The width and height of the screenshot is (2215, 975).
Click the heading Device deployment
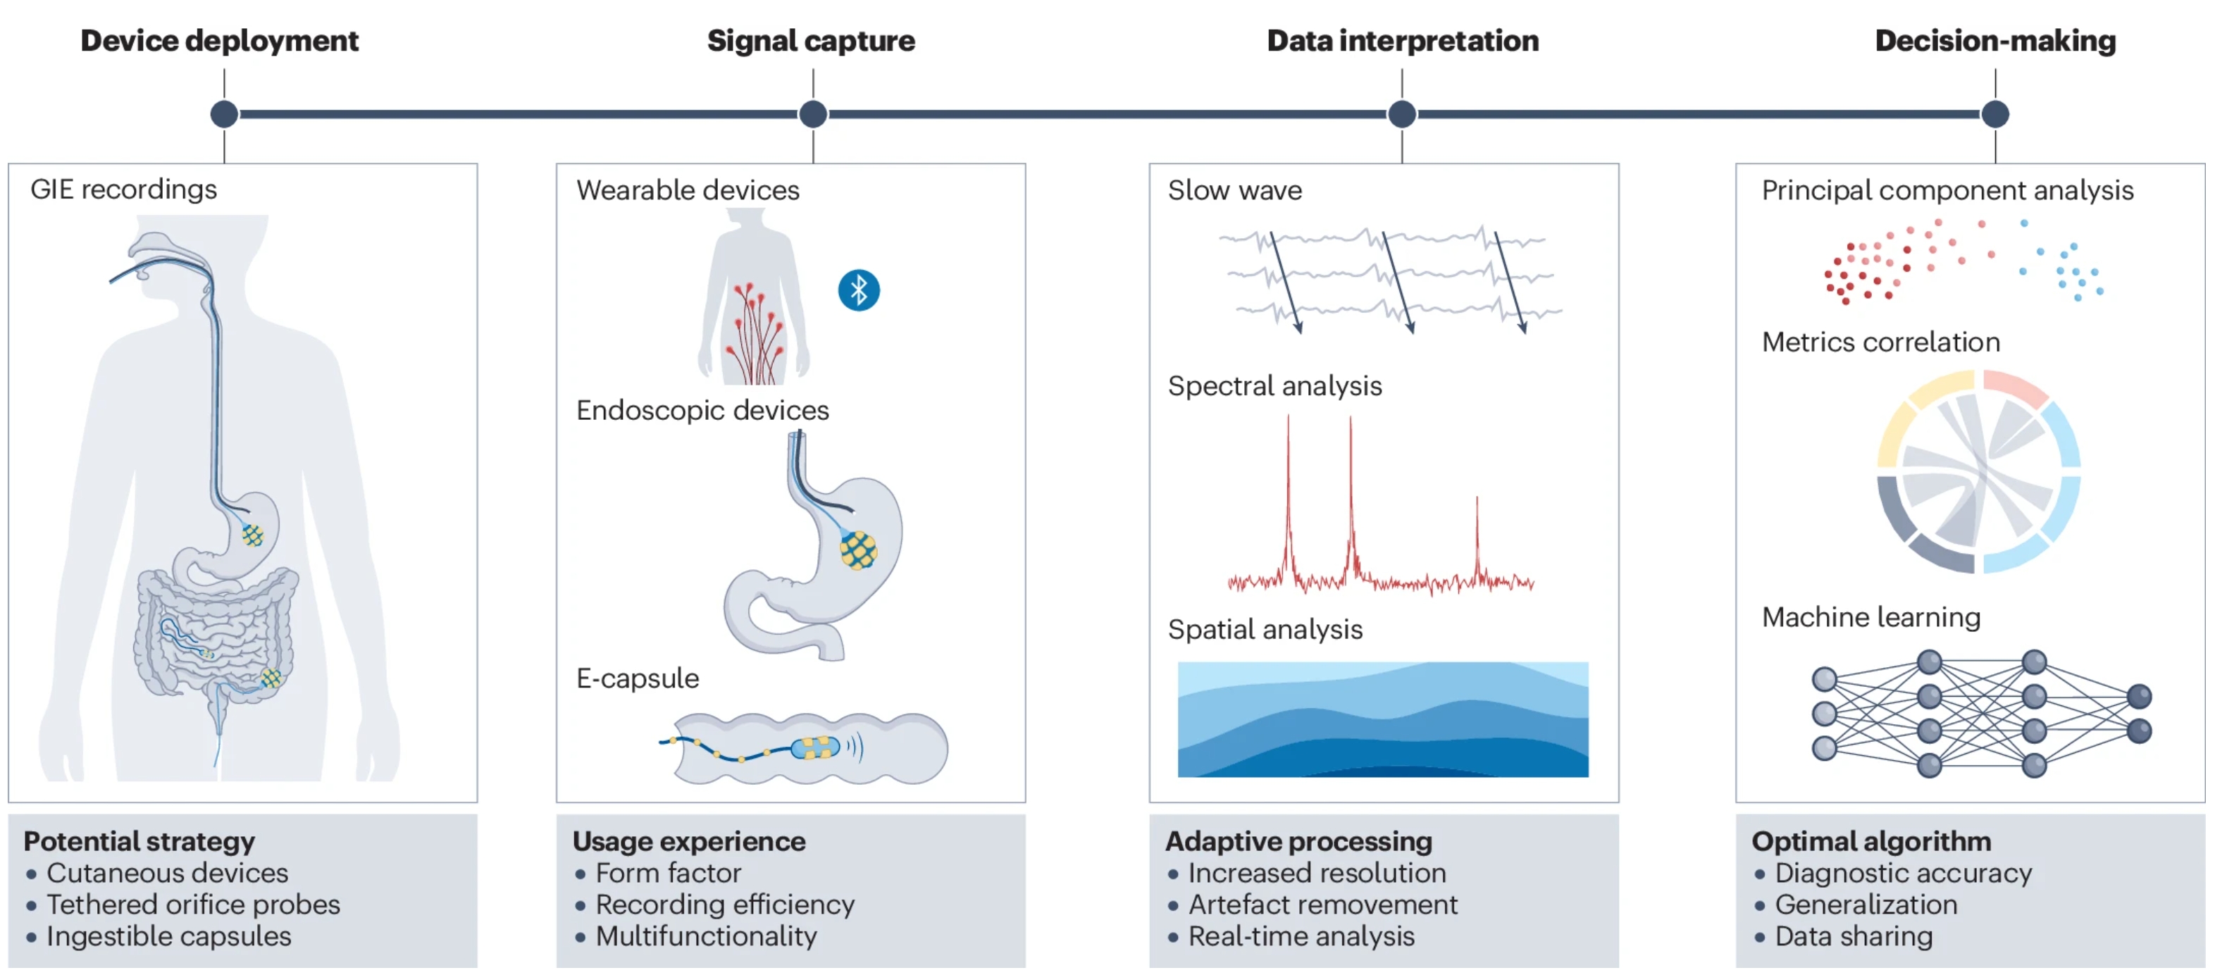219,40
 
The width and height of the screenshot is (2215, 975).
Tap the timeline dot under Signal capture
812,113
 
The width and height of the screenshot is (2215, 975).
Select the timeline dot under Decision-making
1995,113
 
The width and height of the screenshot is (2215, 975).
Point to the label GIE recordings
123,190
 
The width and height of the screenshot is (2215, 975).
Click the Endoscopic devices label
702,410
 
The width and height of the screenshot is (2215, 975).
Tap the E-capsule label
637,678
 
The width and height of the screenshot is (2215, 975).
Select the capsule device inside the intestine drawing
814,747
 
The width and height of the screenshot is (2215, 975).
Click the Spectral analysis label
1274,386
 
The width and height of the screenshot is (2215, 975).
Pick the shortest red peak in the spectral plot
1477,533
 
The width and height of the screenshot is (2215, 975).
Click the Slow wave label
1234,190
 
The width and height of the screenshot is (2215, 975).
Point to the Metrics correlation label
1880,342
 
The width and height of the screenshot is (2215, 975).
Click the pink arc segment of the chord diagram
2016,386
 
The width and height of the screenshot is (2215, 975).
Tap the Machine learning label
1870,617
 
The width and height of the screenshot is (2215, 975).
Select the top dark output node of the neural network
2138,695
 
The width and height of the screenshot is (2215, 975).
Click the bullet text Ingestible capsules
168,936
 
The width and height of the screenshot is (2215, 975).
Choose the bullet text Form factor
668,874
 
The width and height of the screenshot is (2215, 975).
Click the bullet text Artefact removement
1322,905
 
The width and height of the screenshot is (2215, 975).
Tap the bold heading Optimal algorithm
1871,841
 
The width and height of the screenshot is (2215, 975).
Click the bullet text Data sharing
1854,936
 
